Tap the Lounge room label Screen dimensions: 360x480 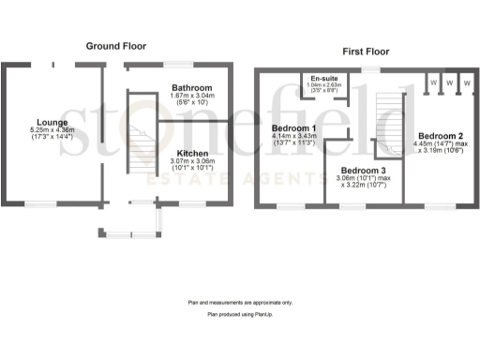52,122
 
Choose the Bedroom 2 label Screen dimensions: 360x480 442,134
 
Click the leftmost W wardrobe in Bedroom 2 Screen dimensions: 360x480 433,83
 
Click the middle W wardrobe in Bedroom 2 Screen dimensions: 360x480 449,83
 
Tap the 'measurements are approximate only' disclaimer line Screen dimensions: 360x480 240,303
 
